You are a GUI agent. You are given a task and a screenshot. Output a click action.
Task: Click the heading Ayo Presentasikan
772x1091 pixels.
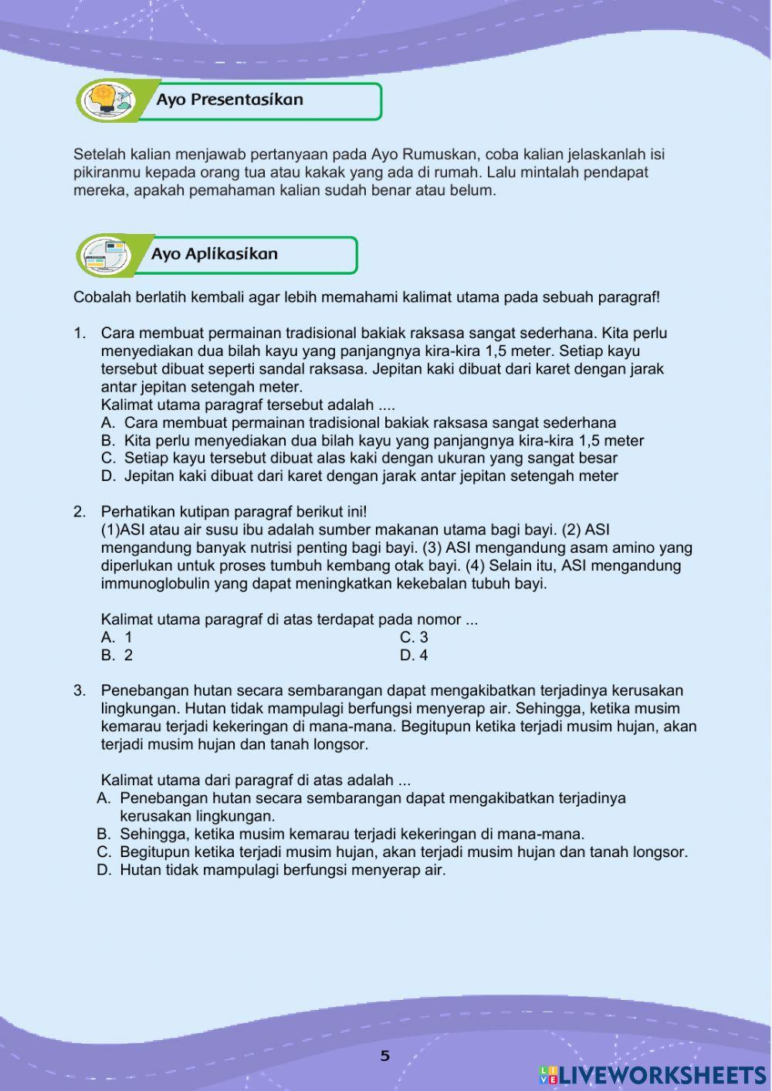[229, 100]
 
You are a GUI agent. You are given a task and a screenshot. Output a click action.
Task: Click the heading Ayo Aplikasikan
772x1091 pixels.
[214, 254]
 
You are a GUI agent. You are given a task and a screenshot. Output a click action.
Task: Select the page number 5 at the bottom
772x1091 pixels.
[385, 1056]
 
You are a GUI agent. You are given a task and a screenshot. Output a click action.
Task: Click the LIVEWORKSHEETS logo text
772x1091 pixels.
[662, 1075]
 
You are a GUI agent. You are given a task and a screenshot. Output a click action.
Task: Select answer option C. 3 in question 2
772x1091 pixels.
[414, 638]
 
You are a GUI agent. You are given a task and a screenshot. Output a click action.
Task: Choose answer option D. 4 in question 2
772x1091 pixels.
[414, 656]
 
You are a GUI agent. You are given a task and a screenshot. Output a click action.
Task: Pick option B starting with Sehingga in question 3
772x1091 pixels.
[351, 835]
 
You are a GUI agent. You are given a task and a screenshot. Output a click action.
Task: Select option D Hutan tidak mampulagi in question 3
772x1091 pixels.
[282, 870]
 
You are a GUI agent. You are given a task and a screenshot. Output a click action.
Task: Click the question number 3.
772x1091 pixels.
[79, 691]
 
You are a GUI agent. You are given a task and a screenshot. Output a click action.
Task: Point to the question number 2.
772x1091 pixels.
[79, 512]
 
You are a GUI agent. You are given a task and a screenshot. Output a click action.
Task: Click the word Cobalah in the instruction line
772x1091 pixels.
[100, 297]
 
